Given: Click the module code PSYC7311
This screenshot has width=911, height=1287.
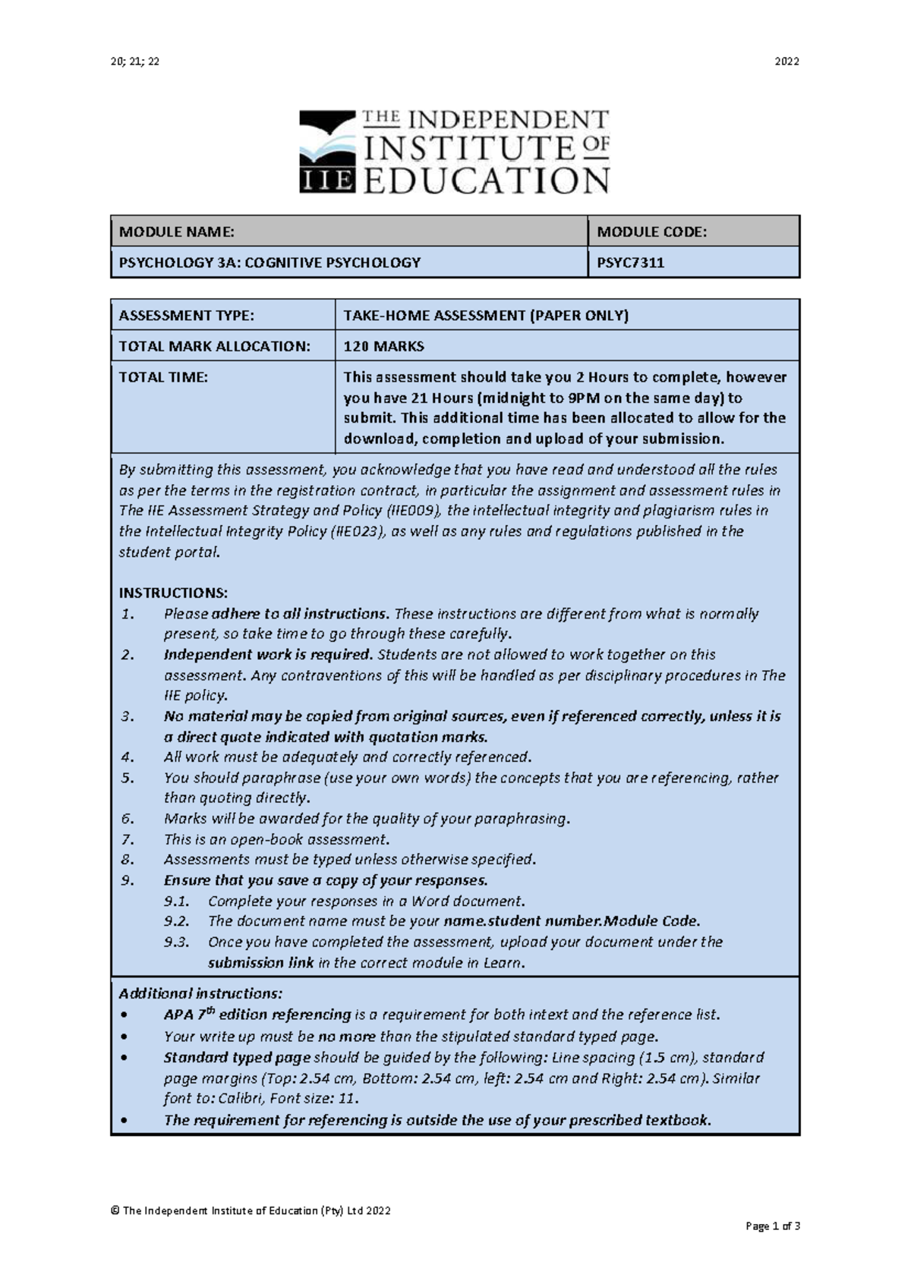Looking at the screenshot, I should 630,263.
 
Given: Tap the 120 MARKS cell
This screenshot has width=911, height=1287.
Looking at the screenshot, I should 383,346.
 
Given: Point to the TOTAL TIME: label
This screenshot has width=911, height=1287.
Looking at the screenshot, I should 162,377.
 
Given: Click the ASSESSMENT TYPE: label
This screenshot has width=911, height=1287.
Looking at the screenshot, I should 186,316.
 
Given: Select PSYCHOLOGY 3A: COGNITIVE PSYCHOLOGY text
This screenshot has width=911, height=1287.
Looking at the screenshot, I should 270,263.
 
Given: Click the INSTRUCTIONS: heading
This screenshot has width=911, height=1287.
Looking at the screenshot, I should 173,593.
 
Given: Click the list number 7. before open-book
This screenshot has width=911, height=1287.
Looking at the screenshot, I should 128,839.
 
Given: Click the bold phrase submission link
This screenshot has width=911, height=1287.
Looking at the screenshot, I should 256,963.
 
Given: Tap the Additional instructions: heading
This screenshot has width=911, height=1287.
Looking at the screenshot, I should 200,993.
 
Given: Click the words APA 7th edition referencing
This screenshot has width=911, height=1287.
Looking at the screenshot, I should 257,1015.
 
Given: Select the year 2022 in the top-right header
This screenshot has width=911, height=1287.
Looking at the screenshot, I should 786,61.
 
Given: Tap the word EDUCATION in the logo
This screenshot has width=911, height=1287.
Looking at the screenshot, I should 487,181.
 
